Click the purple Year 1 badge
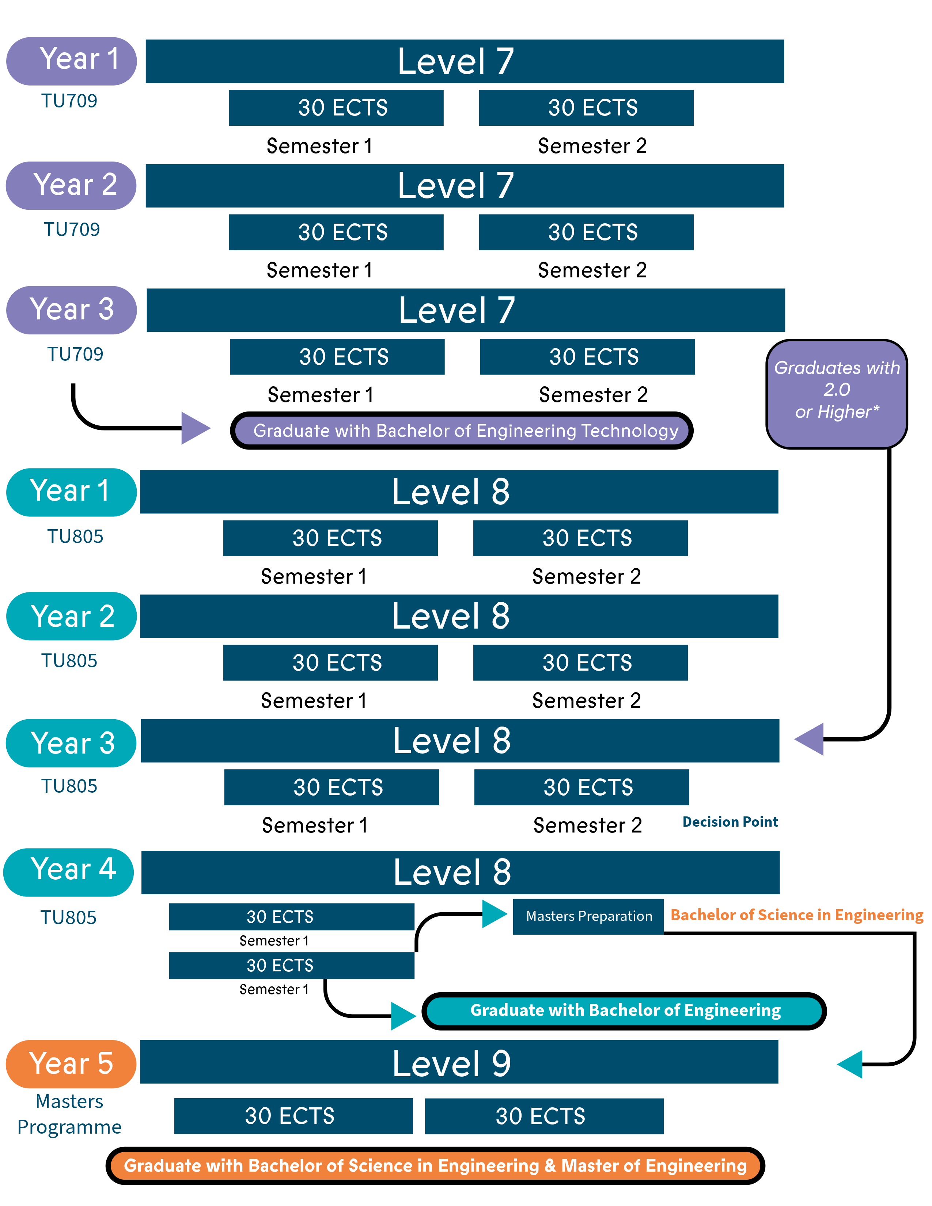click(71, 61)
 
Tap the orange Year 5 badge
click(71, 1063)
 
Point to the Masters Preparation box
click(588, 917)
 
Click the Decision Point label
click(730, 822)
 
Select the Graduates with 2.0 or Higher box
click(837, 393)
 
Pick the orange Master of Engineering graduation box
click(435, 1165)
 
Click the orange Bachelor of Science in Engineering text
click(796, 915)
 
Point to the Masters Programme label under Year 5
click(69, 1114)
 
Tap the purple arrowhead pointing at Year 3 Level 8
click(810, 739)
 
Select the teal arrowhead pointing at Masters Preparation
click(494, 914)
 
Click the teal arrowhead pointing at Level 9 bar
click(850, 1064)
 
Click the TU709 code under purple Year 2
click(72, 229)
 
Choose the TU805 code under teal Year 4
click(68, 917)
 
